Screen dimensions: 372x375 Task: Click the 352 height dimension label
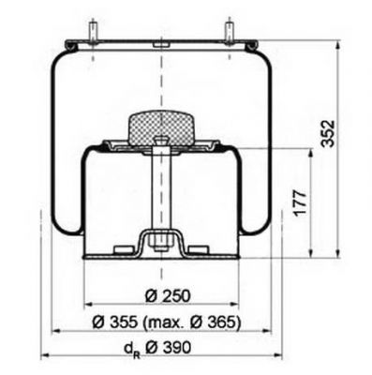[x=329, y=133]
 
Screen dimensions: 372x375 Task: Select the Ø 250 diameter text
[x=168, y=296]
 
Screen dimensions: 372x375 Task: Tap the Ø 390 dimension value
[x=169, y=348]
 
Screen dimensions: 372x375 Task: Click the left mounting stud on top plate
[x=93, y=32]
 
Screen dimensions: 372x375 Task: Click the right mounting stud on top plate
[x=230, y=32]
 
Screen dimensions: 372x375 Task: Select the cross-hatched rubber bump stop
[x=162, y=128]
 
